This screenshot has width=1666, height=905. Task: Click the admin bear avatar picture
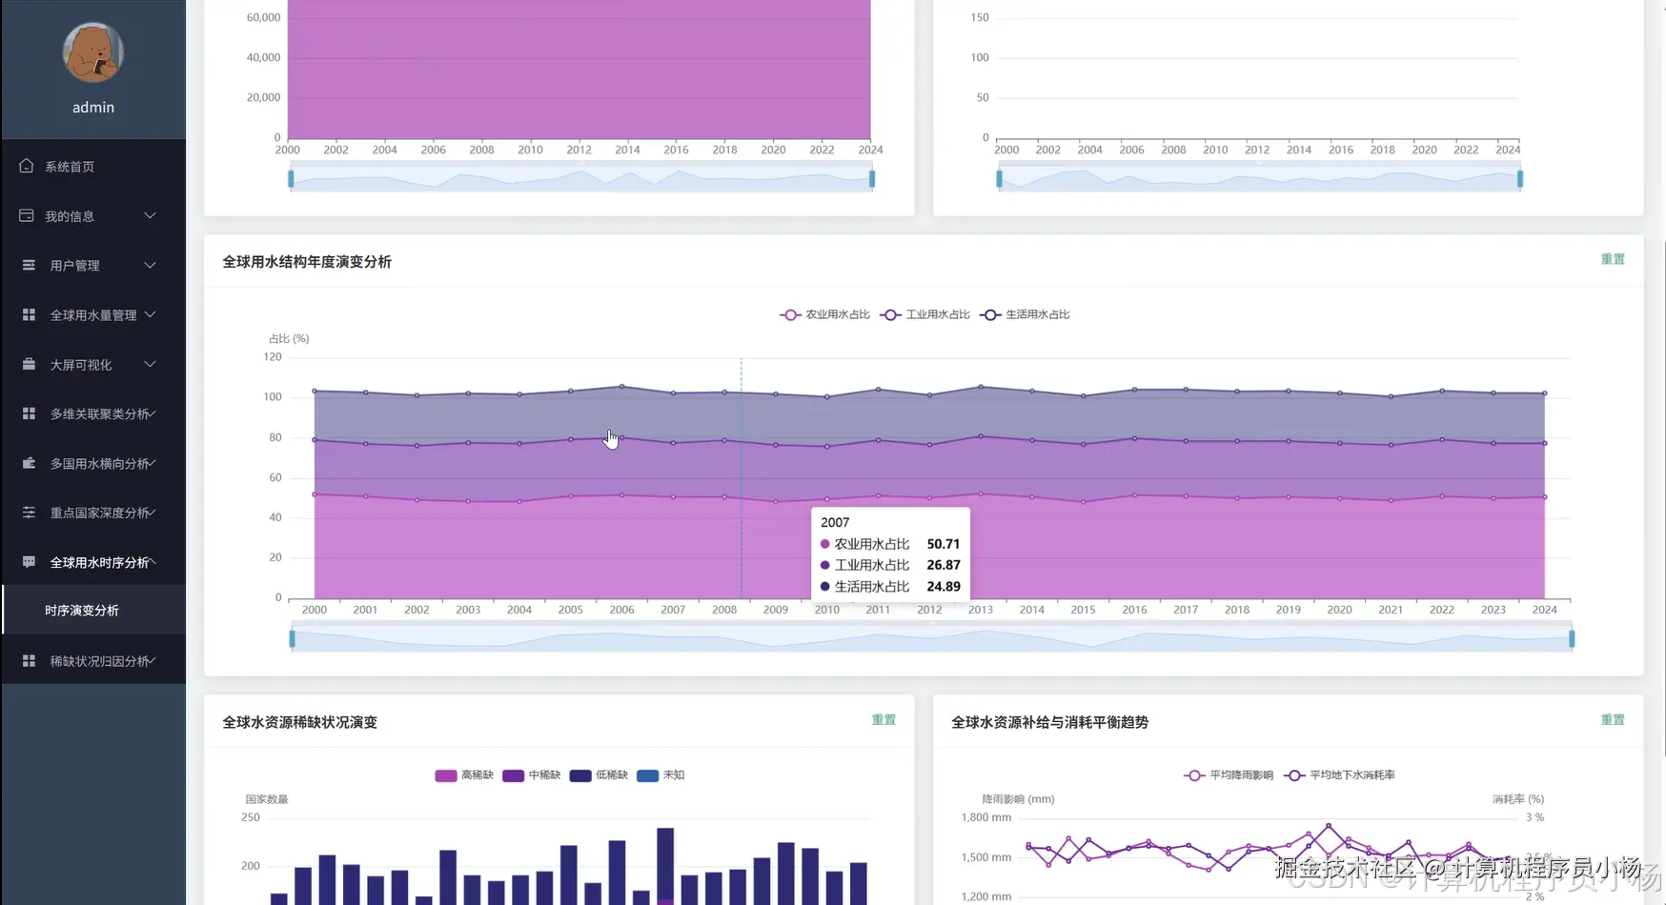[x=93, y=53]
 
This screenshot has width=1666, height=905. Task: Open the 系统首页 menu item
[x=70, y=167]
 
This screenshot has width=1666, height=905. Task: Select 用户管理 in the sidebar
[x=74, y=266]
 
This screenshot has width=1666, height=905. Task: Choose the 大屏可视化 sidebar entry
[x=81, y=365]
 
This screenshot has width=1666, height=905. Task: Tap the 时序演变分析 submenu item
[x=82, y=611]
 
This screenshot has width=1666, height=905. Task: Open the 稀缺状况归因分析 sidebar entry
[x=99, y=661]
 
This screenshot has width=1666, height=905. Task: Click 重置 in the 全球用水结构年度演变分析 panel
[x=1613, y=259]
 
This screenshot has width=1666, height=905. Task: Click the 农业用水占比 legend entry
[x=826, y=314]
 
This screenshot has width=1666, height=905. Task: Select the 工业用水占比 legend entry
[x=926, y=314]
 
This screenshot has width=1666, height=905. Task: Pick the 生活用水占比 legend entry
[x=1026, y=314]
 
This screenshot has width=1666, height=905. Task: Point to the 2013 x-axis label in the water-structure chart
[x=981, y=610]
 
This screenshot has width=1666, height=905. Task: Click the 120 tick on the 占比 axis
[x=273, y=357]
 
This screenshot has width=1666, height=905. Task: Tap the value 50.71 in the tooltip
[x=943, y=544]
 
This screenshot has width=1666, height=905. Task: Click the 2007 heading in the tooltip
[x=835, y=522]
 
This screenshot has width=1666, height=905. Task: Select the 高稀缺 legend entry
[x=465, y=775]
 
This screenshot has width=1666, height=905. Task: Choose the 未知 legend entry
[x=661, y=775]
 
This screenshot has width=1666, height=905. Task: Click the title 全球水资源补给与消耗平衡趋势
[x=1049, y=722]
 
